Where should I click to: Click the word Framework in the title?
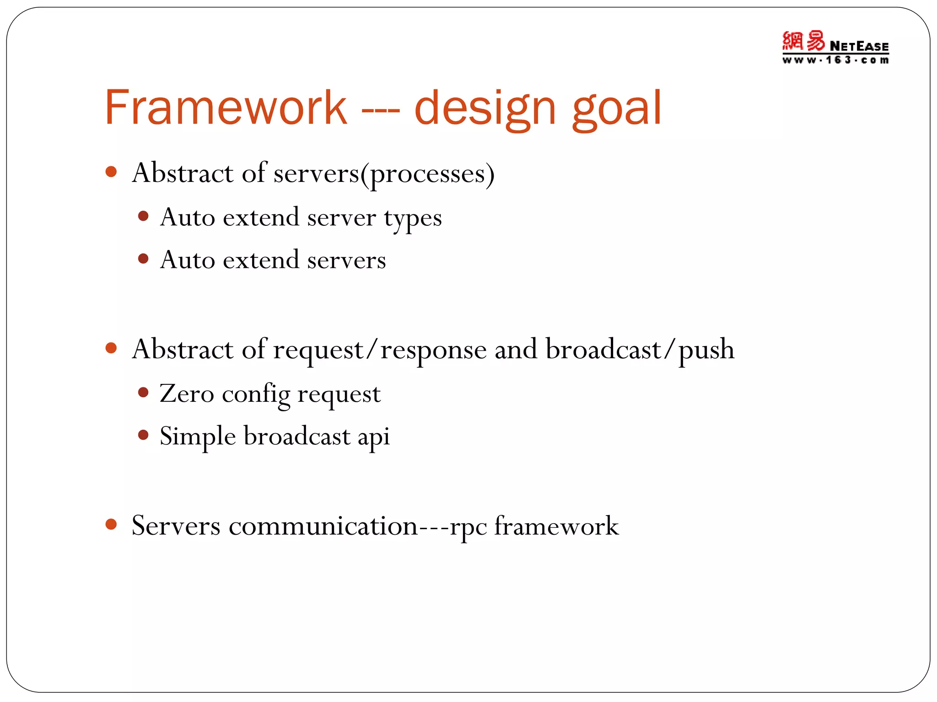click(x=225, y=108)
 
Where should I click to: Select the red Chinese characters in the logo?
click(x=803, y=41)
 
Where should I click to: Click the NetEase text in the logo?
click(x=859, y=46)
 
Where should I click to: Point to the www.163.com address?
click(x=835, y=60)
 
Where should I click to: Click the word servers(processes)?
click(x=384, y=174)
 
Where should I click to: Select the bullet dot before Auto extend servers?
click(x=143, y=259)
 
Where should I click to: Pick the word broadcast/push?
click(x=640, y=350)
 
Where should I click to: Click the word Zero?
click(x=187, y=394)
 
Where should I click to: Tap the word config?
click(x=256, y=395)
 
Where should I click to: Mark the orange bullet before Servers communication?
click(x=111, y=524)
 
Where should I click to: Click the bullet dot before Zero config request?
click(x=143, y=393)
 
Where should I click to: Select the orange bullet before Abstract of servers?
click(x=111, y=172)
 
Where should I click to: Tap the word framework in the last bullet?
click(x=556, y=526)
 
